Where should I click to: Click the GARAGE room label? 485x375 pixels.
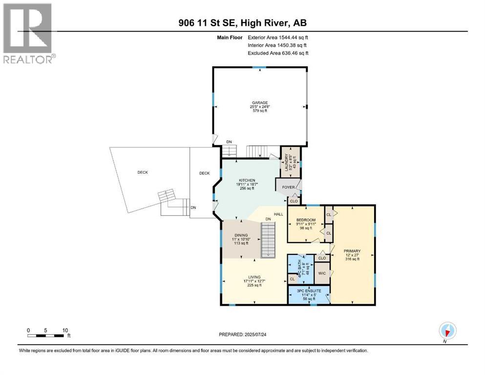click(259, 103)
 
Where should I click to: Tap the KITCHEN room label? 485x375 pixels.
click(248, 180)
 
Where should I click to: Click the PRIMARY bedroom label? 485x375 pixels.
click(352, 251)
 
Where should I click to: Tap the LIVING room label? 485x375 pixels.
click(253, 276)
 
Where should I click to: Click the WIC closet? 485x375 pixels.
click(321, 273)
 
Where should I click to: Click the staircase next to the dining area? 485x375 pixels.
click(268, 239)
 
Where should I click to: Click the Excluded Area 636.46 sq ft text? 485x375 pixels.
click(278, 53)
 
